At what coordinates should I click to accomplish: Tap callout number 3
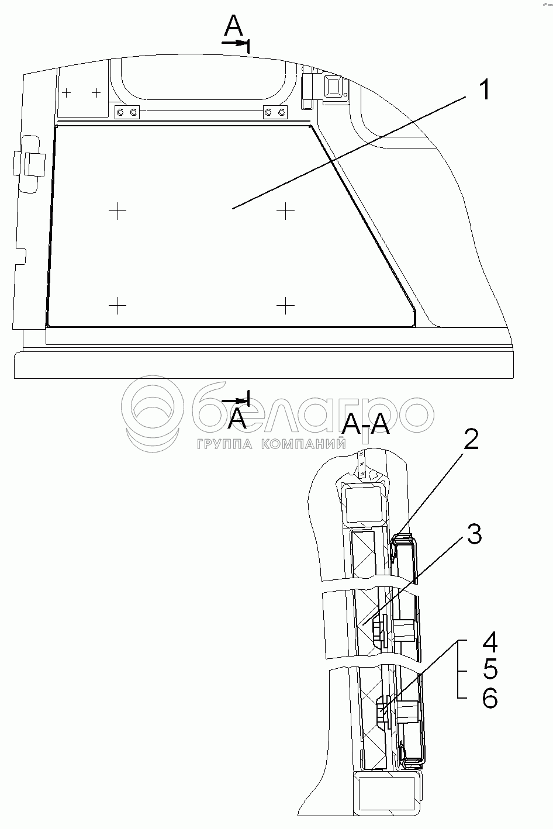[473, 533]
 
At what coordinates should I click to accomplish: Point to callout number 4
[490, 643]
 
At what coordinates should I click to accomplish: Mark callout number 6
[490, 697]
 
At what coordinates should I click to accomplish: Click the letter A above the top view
[233, 26]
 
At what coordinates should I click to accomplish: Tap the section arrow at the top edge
[237, 43]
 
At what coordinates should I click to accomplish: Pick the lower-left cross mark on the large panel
[117, 305]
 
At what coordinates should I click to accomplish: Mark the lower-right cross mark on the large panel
[285, 305]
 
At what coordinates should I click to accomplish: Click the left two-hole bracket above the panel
[127, 112]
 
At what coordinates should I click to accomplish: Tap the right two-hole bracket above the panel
[276, 112]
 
